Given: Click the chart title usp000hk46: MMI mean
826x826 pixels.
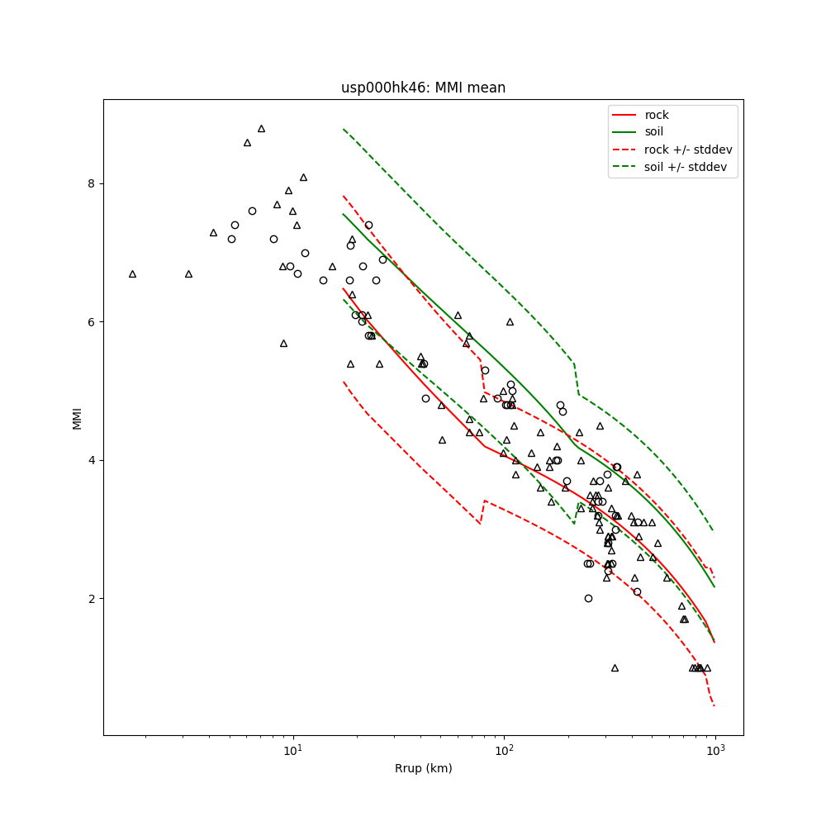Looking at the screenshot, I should tap(423, 88).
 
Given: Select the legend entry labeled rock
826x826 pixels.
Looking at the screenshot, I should tap(657, 115).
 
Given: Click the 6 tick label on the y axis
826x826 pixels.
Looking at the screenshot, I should tap(90, 321).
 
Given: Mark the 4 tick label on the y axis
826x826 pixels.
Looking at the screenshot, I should tap(90, 460).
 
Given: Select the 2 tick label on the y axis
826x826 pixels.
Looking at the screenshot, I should tap(90, 599).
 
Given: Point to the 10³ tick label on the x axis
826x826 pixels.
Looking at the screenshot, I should tap(715, 750).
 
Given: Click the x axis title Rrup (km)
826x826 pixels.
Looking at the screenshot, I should tap(423, 768).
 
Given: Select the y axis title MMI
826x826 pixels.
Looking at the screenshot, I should tap(77, 417).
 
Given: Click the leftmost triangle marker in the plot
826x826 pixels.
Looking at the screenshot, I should tap(132, 273).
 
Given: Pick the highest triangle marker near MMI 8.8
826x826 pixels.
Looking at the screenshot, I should tap(261, 128).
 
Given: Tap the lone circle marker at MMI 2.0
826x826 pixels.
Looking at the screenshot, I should tap(588, 598).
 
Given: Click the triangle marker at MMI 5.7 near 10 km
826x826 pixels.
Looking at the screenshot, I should tap(283, 343).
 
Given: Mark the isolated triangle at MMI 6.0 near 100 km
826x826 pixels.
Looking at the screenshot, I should tap(510, 321).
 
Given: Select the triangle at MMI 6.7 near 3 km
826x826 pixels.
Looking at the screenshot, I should tap(188, 273).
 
